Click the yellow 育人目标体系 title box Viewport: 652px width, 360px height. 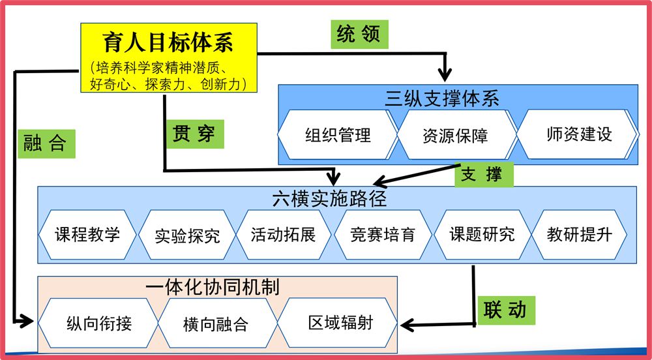pyautogui.click(x=168, y=59)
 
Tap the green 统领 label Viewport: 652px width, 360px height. pyautogui.click(x=358, y=34)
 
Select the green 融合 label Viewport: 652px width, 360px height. pyautogui.click(x=45, y=143)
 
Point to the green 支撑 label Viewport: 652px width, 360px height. pyautogui.click(x=482, y=175)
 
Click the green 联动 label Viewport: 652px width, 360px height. pyautogui.click(x=504, y=309)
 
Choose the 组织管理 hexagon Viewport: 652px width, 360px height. pyautogui.click(x=338, y=135)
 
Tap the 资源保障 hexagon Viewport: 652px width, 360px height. pyautogui.click(x=455, y=135)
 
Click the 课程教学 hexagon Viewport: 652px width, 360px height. pyautogui.click(x=87, y=235)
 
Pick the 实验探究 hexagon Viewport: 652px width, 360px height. pyautogui.click(x=188, y=235)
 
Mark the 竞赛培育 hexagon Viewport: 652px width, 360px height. pyautogui.click(x=383, y=235)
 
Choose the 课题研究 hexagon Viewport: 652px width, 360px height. pyautogui.click(x=482, y=235)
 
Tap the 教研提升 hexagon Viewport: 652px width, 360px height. pyautogui.click(x=580, y=235)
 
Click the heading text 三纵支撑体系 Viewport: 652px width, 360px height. pyautogui.click(x=442, y=98)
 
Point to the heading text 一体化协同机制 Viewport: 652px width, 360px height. pyautogui.click(x=213, y=286)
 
